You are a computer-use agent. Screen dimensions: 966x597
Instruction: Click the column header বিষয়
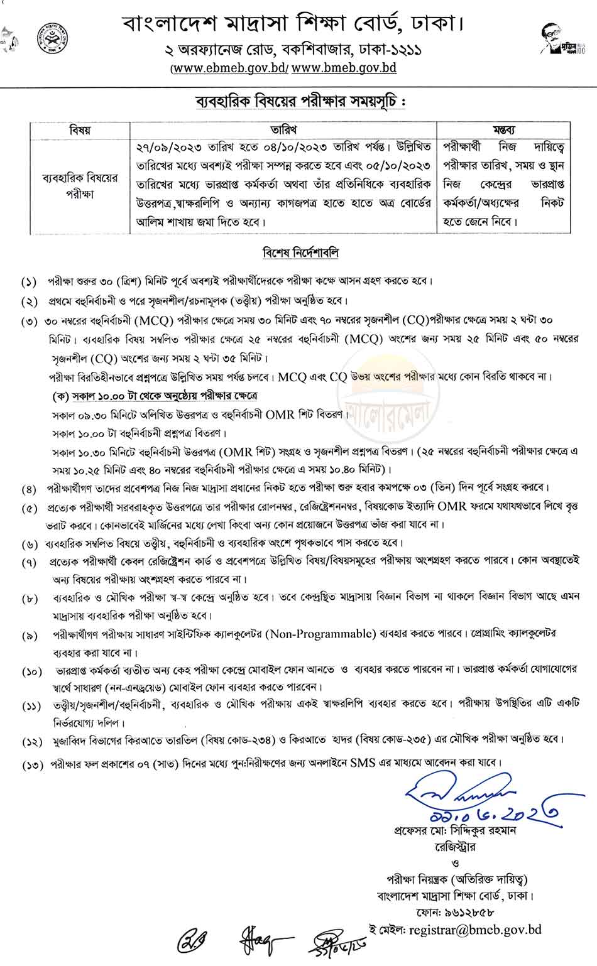click(x=80, y=130)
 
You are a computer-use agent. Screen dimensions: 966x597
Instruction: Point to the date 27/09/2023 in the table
click(x=163, y=146)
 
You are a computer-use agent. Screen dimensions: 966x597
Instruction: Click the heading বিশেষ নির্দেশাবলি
click(x=300, y=252)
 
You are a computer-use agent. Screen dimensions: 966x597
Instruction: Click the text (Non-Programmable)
click(x=321, y=633)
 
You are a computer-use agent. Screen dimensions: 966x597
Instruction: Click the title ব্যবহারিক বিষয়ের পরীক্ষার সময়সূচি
click(x=298, y=102)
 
